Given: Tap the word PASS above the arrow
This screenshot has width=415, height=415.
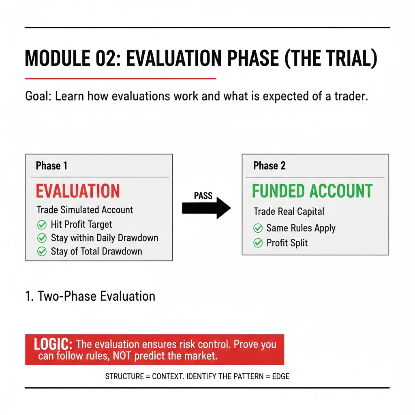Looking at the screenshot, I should tap(203, 196).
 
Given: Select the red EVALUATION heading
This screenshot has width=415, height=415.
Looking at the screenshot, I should tap(78, 191).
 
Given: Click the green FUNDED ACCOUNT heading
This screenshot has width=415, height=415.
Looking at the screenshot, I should tap(312, 191).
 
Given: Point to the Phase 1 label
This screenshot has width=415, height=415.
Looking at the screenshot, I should tap(51, 165).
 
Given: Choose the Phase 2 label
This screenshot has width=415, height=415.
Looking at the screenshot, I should tap(269, 165).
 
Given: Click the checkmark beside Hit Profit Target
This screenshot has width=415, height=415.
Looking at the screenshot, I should tap(41, 225).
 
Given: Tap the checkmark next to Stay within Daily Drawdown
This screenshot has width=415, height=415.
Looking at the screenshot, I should tap(41, 238).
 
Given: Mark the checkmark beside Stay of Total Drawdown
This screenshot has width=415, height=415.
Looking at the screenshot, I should tap(41, 251).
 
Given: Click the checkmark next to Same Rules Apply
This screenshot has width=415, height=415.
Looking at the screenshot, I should tap(258, 228).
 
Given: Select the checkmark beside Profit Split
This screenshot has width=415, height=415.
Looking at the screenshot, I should tap(258, 243).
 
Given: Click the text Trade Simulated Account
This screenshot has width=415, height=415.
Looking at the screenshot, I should tap(85, 210).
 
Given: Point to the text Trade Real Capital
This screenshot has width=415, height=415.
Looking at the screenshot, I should tap(289, 211).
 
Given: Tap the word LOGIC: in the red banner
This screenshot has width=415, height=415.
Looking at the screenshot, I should tap(53, 344).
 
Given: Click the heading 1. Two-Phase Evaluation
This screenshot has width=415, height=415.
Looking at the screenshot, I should tap(90, 296).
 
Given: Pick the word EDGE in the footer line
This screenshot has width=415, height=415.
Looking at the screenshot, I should tap(281, 376).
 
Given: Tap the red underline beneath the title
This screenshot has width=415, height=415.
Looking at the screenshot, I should tap(120, 78).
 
